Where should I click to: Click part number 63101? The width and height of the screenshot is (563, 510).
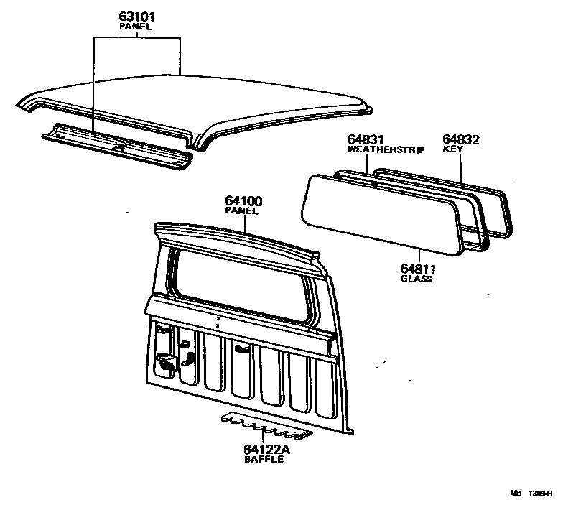136,16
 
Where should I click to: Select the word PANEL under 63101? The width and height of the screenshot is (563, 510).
136,26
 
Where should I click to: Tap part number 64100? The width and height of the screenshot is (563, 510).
242,202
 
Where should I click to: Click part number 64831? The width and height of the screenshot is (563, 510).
367,140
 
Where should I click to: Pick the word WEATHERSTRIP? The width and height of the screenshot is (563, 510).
386,150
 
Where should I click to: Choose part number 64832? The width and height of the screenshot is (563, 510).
460,140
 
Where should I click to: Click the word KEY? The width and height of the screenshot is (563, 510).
452,150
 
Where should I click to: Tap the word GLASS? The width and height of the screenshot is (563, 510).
417,279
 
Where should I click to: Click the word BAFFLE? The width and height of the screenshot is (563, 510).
264,460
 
